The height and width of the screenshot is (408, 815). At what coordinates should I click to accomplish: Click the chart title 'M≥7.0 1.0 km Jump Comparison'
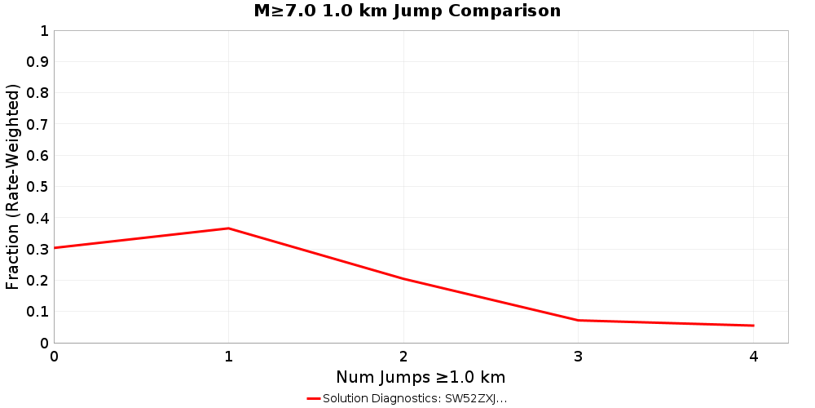tap(407, 11)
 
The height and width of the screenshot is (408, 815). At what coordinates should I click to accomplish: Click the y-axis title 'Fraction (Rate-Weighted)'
tap(13, 187)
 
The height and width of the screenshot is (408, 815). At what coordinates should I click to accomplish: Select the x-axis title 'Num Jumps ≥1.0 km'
tap(421, 377)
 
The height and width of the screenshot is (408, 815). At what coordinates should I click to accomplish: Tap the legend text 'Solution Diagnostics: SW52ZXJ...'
tap(415, 399)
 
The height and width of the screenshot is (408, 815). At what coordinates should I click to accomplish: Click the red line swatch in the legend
tap(314, 399)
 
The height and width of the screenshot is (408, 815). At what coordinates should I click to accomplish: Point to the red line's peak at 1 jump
tap(229, 228)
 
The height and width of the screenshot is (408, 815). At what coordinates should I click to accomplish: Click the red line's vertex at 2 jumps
tap(403, 279)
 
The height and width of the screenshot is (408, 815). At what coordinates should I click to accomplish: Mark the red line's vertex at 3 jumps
tap(579, 320)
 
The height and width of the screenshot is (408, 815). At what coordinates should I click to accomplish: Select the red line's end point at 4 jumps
tap(753, 326)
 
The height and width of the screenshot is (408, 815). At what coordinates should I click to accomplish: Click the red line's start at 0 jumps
tap(55, 247)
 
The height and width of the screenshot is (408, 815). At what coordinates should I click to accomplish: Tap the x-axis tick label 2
tap(403, 357)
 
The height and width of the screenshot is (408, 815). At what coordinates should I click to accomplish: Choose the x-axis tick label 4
tap(753, 357)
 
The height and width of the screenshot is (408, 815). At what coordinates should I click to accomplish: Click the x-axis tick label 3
tap(579, 357)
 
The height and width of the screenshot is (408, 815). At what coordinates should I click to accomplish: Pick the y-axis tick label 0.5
tap(37, 187)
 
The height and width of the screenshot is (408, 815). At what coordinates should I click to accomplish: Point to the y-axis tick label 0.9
tap(37, 62)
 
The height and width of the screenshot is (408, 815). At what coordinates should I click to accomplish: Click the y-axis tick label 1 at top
tap(44, 31)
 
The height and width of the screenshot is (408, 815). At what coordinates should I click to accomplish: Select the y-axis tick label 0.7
tap(37, 125)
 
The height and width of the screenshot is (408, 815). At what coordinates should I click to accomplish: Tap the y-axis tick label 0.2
tap(37, 281)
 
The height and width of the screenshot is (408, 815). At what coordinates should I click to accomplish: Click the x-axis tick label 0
tap(55, 357)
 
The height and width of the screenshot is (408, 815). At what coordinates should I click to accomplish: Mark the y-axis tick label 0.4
tap(37, 219)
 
